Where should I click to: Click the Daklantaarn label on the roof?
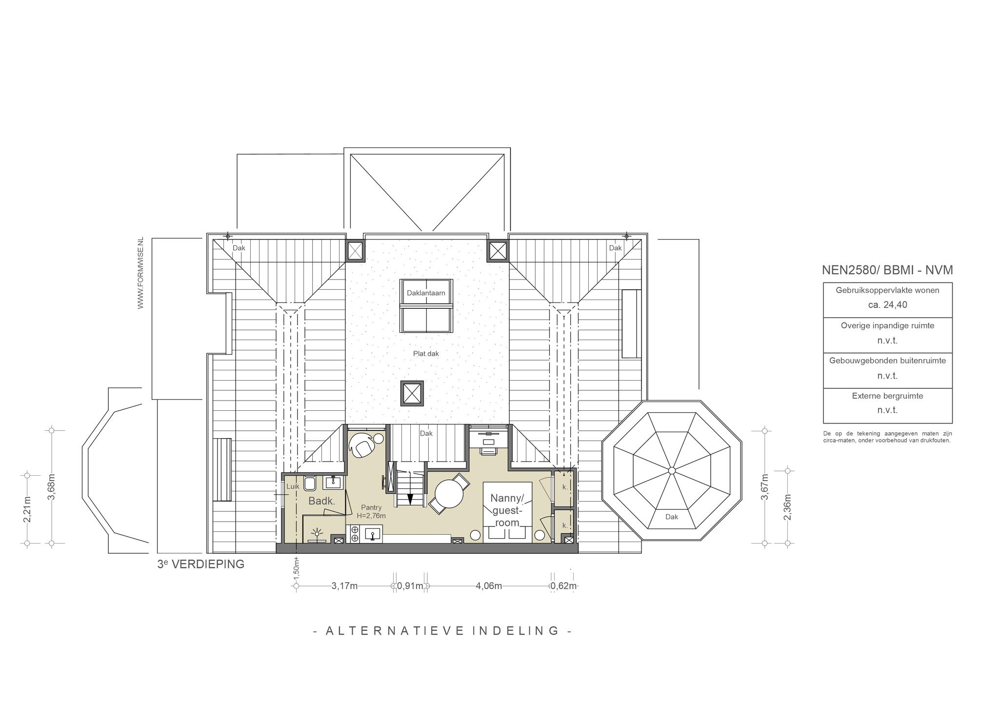pyautogui.click(x=426, y=293)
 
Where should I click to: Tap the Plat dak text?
pyautogui.click(x=426, y=353)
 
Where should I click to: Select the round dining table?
pyautogui.click(x=449, y=494)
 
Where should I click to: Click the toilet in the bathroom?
pyautogui.click(x=310, y=483)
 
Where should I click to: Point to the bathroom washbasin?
pyautogui.click(x=334, y=482)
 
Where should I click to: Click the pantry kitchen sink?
pyautogui.click(x=372, y=534)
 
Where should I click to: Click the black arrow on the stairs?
pyautogui.click(x=410, y=499)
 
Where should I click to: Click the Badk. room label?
pyautogui.click(x=321, y=501)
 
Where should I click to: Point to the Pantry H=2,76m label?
pyautogui.click(x=371, y=511)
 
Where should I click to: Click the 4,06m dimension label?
pyautogui.click(x=489, y=586)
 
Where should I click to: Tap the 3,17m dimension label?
pyautogui.click(x=344, y=586)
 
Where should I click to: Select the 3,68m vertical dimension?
pyautogui.click(x=51, y=486)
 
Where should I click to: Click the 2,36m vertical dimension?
pyautogui.click(x=787, y=507)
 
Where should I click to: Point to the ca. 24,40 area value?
pyautogui.click(x=887, y=305)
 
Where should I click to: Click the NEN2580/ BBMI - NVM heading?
pyautogui.click(x=887, y=270)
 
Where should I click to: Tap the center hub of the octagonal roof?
pyautogui.click(x=672, y=470)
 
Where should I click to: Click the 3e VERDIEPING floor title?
pyautogui.click(x=200, y=564)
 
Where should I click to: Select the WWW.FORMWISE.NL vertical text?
pyautogui.click(x=140, y=273)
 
